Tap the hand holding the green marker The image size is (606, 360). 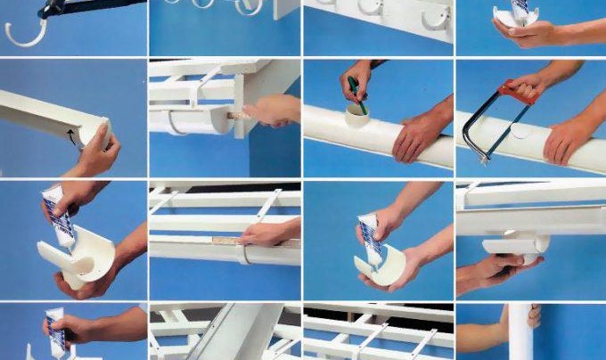click(356, 76)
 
